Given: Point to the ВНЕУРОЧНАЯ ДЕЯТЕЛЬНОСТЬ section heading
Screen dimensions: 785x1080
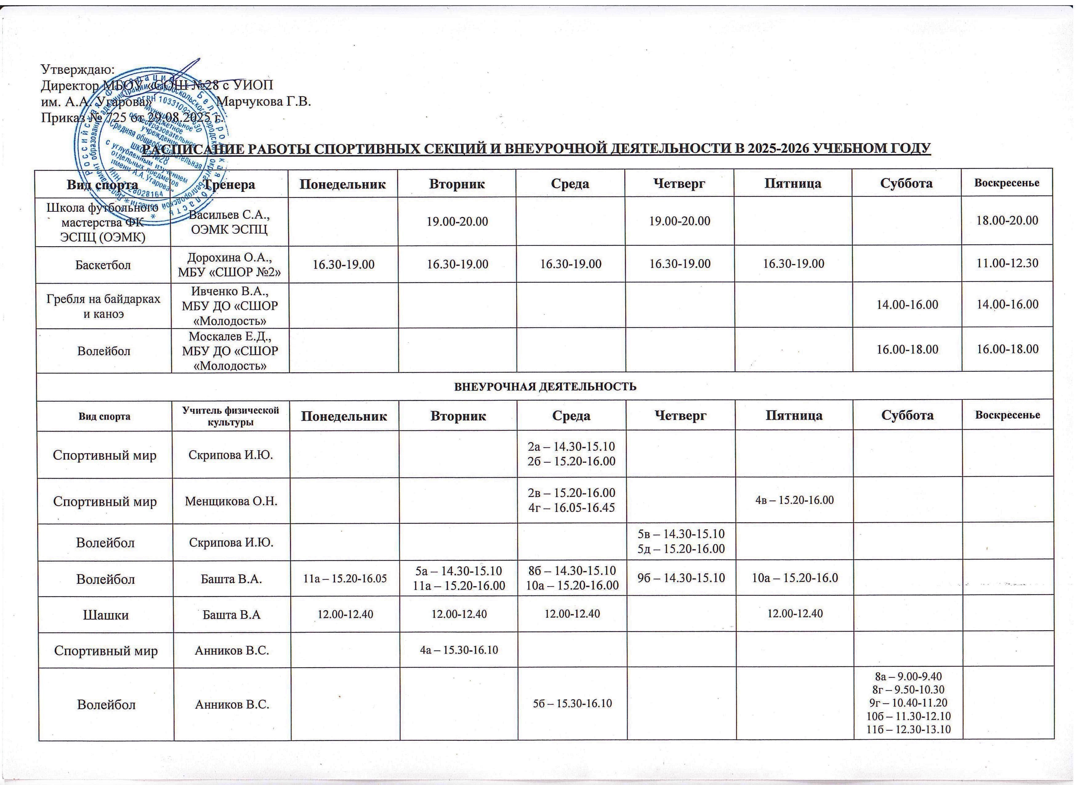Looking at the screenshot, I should pos(545,386).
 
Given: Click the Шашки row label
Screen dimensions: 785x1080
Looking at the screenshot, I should pos(106,615).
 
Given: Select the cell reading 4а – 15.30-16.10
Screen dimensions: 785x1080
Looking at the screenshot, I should pos(459,649).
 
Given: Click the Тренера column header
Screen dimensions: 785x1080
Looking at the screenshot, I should pos(229,184).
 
